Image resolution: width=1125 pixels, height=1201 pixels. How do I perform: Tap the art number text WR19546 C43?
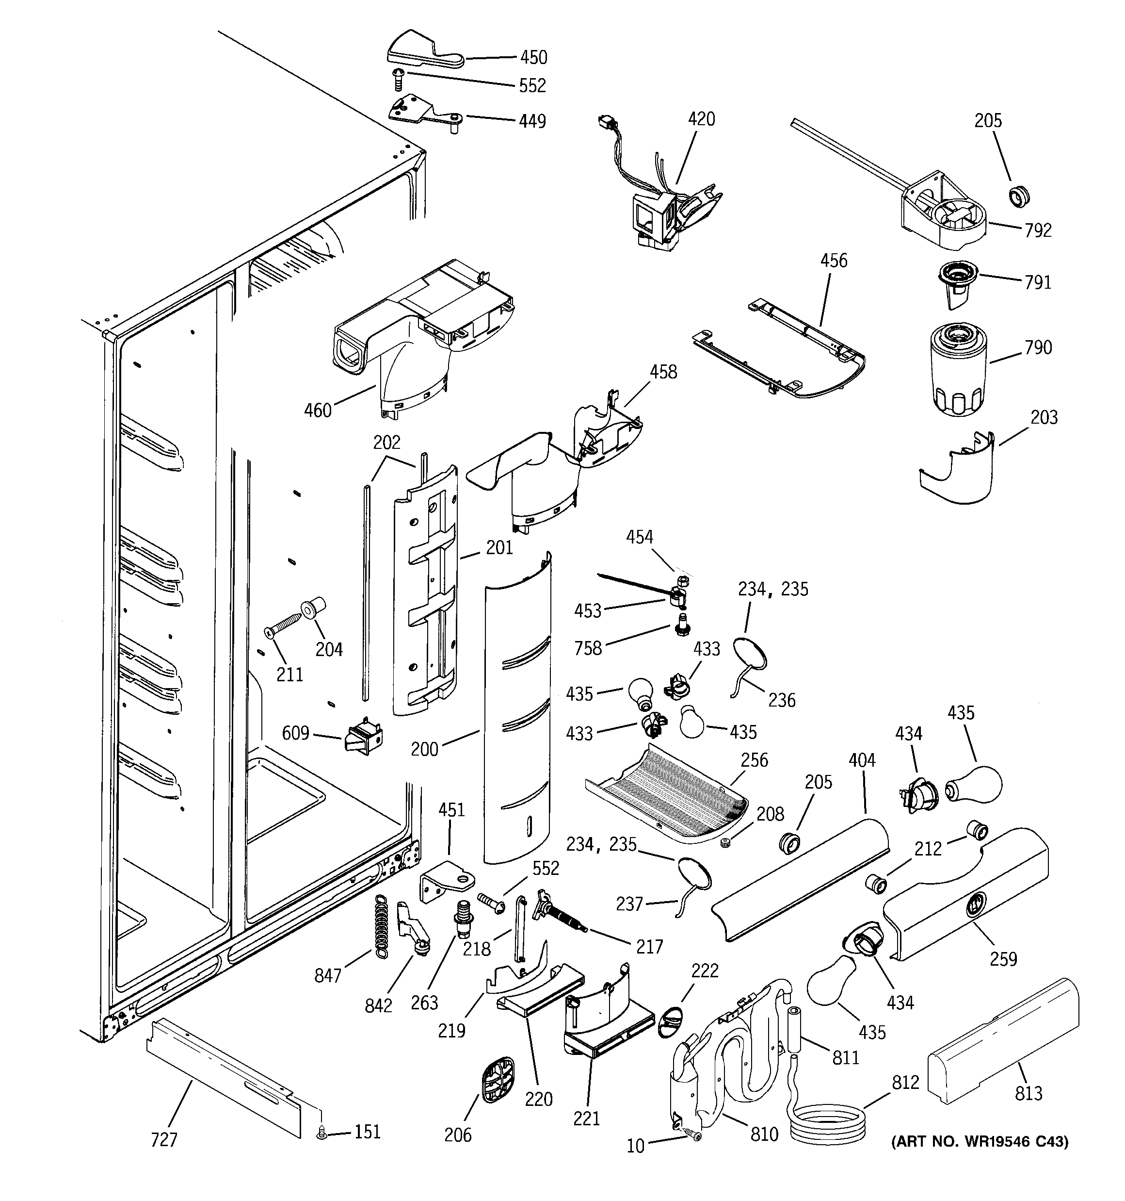tap(979, 1141)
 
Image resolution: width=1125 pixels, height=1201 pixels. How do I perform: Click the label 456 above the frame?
tap(834, 261)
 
